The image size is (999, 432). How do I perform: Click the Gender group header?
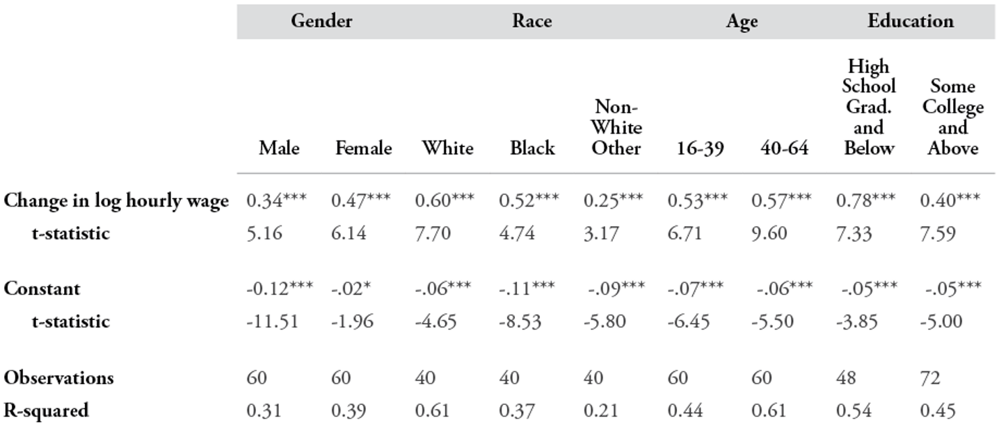(x=321, y=21)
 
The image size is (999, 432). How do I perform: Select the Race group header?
(x=531, y=21)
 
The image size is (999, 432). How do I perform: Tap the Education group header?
(x=911, y=21)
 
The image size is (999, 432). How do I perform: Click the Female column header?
(x=364, y=148)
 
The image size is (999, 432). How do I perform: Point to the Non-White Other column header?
(x=616, y=128)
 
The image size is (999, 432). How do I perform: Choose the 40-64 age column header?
(x=785, y=148)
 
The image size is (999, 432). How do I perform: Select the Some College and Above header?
(x=953, y=117)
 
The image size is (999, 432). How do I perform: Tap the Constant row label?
(x=42, y=288)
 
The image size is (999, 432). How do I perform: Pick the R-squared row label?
(x=46, y=410)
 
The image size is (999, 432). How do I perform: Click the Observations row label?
(x=59, y=377)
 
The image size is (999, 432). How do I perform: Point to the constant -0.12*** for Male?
(x=279, y=288)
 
